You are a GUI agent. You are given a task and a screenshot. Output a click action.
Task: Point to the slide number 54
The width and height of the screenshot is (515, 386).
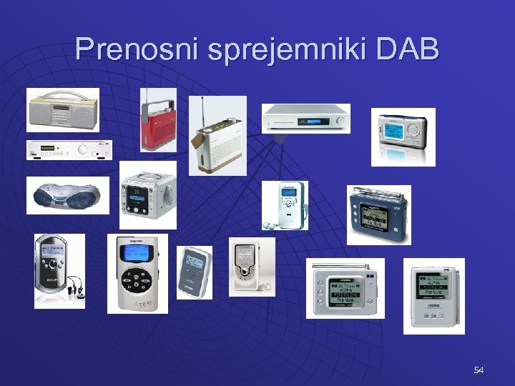coord(479,370)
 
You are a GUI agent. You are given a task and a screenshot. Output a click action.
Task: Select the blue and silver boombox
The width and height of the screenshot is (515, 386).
coord(68,195)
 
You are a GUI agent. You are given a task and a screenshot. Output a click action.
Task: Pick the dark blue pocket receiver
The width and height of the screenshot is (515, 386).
coord(378,215)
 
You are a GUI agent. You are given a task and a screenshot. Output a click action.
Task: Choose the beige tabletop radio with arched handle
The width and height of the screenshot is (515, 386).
coord(62,111)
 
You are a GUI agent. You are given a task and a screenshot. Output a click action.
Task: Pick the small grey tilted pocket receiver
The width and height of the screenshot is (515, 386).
coord(195,272)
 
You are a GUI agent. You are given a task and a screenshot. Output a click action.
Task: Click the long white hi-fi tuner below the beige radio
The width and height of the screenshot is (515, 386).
coord(69,150)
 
